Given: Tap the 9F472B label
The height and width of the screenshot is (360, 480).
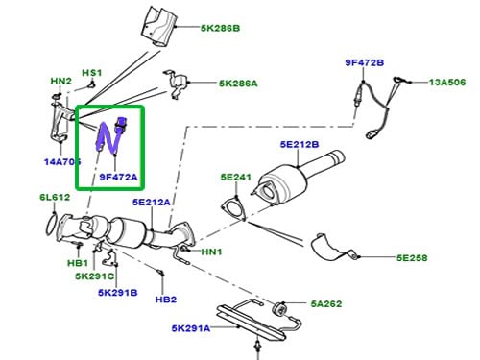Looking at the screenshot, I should click(x=365, y=63).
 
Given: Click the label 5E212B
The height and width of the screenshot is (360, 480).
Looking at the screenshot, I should click(x=300, y=145).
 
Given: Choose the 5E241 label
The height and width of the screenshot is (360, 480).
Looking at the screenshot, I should click(x=234, y=178).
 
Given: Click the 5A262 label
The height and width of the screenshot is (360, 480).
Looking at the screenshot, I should click(x=326, y=305).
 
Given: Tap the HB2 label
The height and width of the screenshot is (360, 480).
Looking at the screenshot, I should click(x=167, y=299).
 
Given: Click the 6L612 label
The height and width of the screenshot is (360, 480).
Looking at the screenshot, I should click(x=55, y=198).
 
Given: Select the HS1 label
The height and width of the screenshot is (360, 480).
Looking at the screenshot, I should click(x=91, y=73).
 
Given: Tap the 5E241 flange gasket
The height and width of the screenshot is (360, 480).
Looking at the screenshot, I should click(x=232, y=210).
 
